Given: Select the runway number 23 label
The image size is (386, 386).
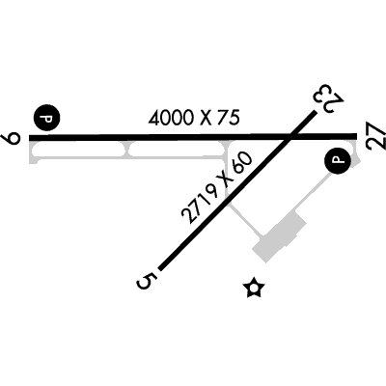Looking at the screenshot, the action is pos(329,98).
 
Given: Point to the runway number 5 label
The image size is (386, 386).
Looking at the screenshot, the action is pos(147,282).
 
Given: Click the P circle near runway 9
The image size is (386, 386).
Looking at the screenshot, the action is pos(47,118).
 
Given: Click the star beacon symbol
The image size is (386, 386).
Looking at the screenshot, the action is pos(254,288).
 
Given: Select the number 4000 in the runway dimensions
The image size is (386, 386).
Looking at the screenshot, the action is pos(171,119).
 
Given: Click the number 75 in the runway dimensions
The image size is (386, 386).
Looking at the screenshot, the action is pos(228,117).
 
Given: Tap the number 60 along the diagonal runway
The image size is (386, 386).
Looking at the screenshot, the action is pos(243,163).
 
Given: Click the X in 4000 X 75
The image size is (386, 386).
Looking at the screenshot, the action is pos(205,118).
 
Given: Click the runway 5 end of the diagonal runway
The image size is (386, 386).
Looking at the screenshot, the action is pos(161,269).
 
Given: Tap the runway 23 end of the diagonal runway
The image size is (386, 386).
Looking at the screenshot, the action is pos(314,112).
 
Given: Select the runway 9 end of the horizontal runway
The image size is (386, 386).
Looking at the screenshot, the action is pos(30,138).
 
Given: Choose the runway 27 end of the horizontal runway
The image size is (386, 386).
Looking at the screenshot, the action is pos(356,136).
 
